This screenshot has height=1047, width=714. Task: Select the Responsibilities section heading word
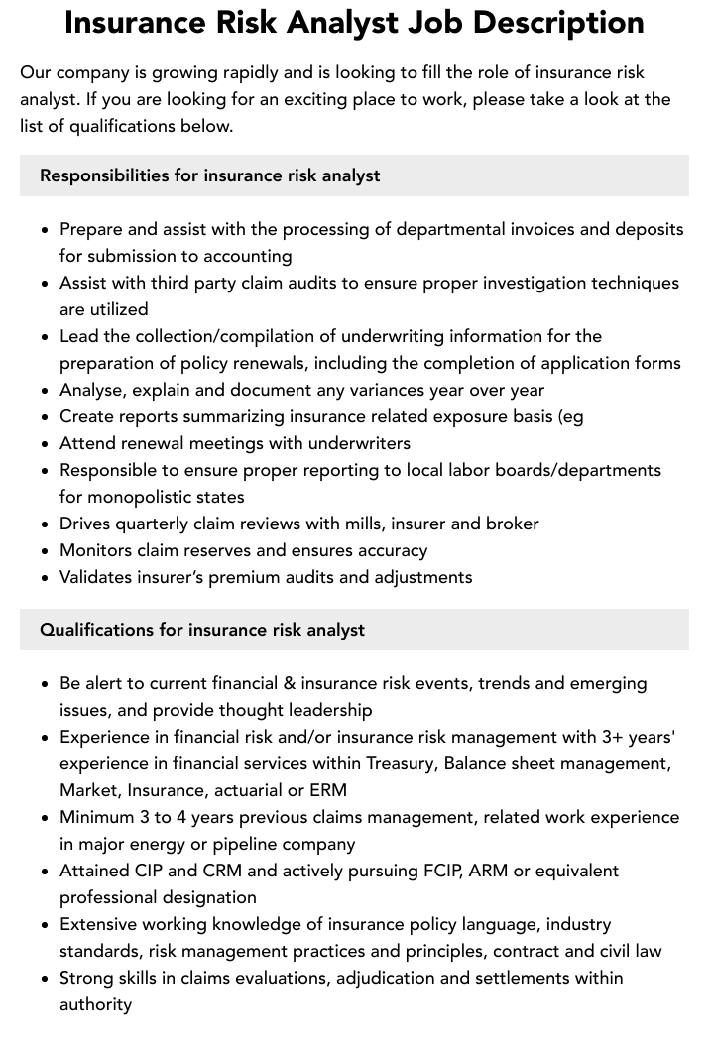point(104,175)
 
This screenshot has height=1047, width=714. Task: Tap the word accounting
point(244,256)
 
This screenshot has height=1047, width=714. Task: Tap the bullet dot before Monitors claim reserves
point(46,551)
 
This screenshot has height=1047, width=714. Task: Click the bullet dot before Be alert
point(46,684)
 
